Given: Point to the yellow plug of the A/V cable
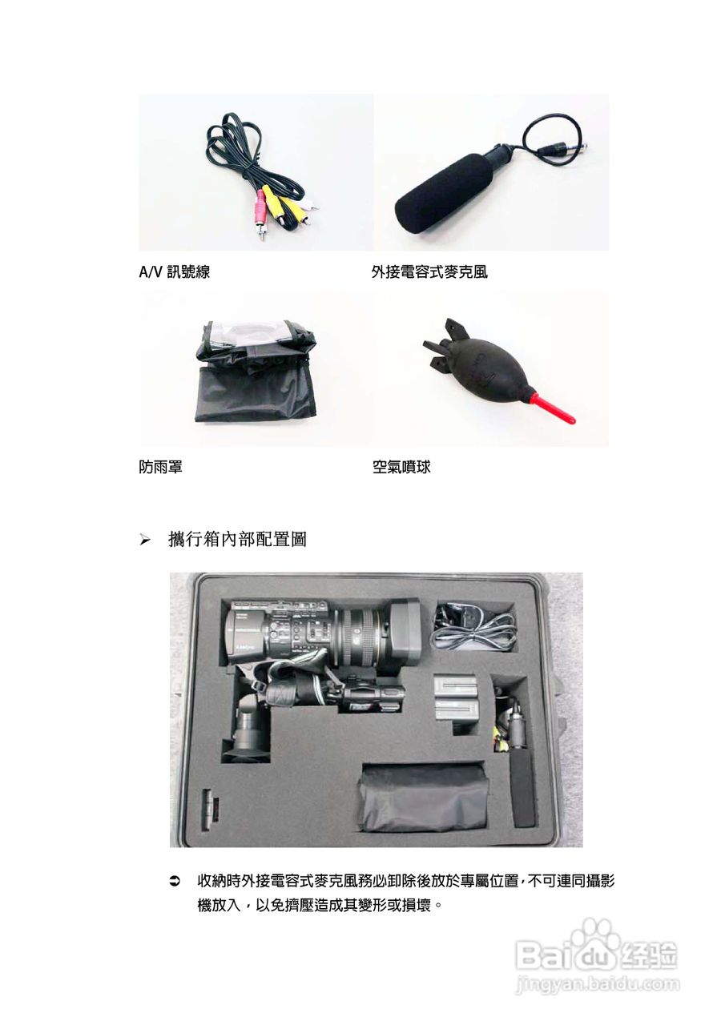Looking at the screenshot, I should (275, 210).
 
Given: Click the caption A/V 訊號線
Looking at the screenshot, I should (174, 272).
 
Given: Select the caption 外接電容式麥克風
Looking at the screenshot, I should (429, 272).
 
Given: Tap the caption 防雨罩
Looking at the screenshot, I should (160, 466).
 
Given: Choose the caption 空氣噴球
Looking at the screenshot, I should (401, 466).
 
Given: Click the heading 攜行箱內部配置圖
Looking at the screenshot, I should (237, 540).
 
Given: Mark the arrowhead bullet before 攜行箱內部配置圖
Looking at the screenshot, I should (145, 541).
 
